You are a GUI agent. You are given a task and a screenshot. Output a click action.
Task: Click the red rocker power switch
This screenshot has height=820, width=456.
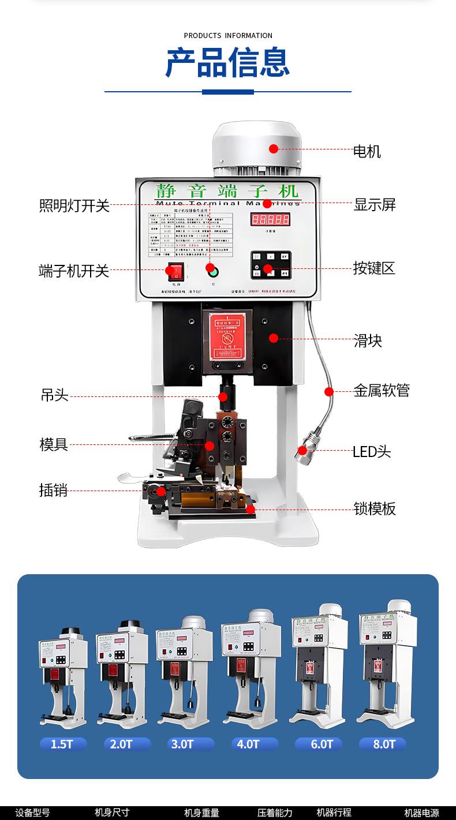(x=174, y=270)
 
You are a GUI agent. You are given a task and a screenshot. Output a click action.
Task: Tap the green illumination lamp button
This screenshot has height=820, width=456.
(x=212, y=269)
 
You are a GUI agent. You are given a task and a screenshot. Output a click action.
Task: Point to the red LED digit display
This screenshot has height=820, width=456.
(x=270, y=219)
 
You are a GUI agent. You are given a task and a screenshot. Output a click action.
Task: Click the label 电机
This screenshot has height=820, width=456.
(x=367, y=152)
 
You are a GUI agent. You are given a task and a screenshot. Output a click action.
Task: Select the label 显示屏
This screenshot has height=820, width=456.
(x=375, y=204)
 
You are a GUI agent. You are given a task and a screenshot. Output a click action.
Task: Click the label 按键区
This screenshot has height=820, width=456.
(x=374, y=268)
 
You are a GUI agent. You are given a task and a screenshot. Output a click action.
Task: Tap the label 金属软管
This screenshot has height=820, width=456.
(x=382, y=391)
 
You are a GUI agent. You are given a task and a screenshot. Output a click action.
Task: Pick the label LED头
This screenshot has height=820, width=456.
(x=372, y=451)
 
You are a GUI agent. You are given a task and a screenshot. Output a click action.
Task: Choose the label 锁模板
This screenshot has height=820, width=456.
(x=375, y=508)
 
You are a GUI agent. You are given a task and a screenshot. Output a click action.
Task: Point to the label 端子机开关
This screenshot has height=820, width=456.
(x=74, y=271)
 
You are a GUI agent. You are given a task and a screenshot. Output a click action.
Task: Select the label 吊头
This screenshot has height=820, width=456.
(x=54, y=395)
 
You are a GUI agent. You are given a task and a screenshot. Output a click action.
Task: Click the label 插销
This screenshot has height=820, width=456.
(x=53, y=490)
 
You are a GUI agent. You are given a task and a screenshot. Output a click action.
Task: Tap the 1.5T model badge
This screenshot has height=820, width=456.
(x=62, y=744)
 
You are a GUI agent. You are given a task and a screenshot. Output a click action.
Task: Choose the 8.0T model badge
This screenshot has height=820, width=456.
(x=384, y=744)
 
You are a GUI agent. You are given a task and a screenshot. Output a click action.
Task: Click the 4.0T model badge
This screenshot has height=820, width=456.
(x=248, y=744)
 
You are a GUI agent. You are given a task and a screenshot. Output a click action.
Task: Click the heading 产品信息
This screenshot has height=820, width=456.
(x=227, y=62)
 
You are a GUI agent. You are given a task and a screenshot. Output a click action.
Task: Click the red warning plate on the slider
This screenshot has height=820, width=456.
(x=227, y=337)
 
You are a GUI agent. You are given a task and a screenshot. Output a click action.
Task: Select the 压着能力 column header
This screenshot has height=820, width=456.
(x=275, y=812)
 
